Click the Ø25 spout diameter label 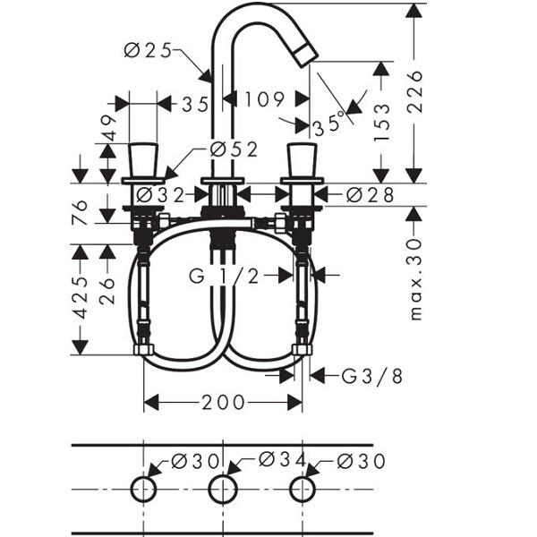tap(148, 51)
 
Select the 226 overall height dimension tap(415, 91)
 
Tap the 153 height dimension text tap(382, 122)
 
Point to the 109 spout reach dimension tap(264, 99)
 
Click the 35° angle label tap(328, 124)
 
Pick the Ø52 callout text tap(234, 149)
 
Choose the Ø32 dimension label tap(160, 195)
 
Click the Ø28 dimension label tap(370, 195)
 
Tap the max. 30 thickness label tap(415, 279)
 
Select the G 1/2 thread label tap(225, 276)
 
